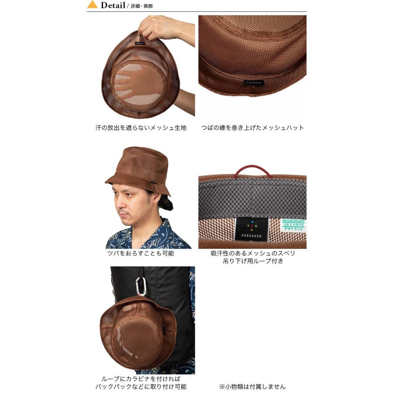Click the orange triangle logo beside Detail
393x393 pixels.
92,5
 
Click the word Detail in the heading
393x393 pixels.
113,5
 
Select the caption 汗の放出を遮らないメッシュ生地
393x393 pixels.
141,128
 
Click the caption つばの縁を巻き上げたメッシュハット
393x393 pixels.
252,128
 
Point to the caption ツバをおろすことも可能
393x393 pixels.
141,253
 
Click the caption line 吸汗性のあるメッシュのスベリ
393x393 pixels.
253,253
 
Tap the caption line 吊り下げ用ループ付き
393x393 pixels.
253,261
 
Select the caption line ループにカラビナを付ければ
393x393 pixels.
141,379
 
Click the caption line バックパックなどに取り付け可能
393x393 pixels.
141,386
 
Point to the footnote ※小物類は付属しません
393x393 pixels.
253,386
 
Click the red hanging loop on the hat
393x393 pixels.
252,171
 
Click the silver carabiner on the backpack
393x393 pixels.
141,286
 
